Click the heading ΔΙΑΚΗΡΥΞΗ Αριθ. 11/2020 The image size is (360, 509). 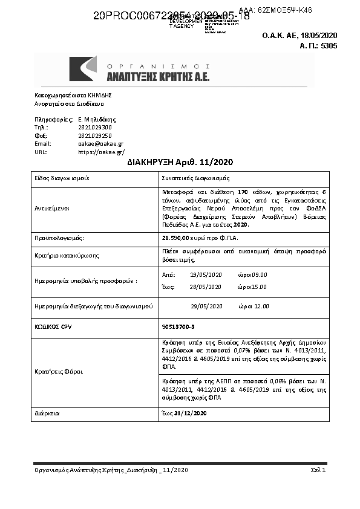(x=180, y=163)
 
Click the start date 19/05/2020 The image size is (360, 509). (x=206, y=274)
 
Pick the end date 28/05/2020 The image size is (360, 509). (x=206, y=287)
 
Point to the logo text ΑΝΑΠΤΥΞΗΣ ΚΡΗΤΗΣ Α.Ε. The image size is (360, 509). (x=158, y=77)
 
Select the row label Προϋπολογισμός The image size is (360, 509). (x=59, y=238)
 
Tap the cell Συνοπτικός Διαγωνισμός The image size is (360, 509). (x=195, y=178)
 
